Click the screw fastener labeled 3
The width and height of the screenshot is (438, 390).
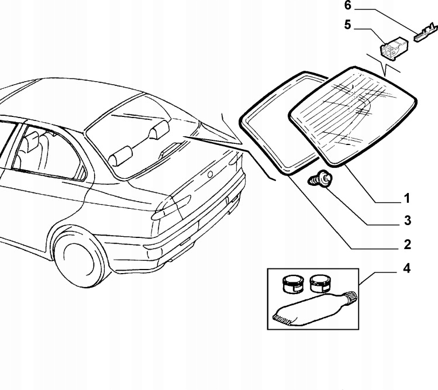pos(320,178)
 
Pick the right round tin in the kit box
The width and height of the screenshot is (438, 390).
pos(320,284)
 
